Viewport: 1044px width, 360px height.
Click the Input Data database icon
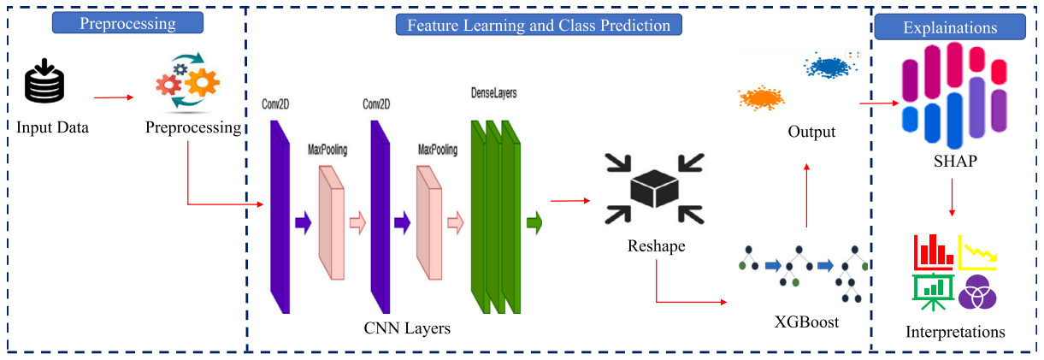pyautogui.click(x=44, y=80)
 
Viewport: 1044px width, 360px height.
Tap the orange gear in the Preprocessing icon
pyautogui.click(x=203, y=83)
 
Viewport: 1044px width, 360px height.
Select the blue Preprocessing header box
pyautogui.click(x=127, y=23)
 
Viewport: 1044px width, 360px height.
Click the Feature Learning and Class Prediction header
pyautogui.click(x=539, y=25)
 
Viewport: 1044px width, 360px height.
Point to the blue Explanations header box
pyautogui.click(x=950, y=27)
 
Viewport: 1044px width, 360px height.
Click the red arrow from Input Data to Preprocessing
pyautogui.click(x=114, y=97)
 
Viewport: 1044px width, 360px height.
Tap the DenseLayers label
pyautogui.click(x=493, y=93)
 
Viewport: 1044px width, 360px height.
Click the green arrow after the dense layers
pyautogui.click(x=534, y=223)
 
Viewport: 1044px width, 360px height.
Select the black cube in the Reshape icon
pyautogui.click(x=654, y=188)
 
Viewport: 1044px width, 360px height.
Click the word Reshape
pyautogui.click(x=656, y=245)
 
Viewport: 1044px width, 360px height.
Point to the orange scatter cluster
pyautogui.click(x=762, y=98)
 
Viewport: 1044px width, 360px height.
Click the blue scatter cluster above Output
pyautogui.click(x=830, y=67)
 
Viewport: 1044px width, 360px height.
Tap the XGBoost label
pyautogui.click(x=806, y=322)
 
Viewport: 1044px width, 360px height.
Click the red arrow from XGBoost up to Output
pyautogui.click(x=807, y=195)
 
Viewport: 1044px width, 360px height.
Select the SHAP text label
pyautogui.click(x=955, y=161)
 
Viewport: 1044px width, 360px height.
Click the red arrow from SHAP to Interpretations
pyautogui.click(x=952, y=198)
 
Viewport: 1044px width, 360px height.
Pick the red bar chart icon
pyautogui.click(x=934, y=251)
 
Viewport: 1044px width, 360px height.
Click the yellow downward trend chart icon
pyautogui.click(x=977, y=253)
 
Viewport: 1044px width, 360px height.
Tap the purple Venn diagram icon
pyautogui.click(x=977, y=292)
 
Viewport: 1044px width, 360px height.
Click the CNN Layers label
pyautogui.click(x=407, y=328)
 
